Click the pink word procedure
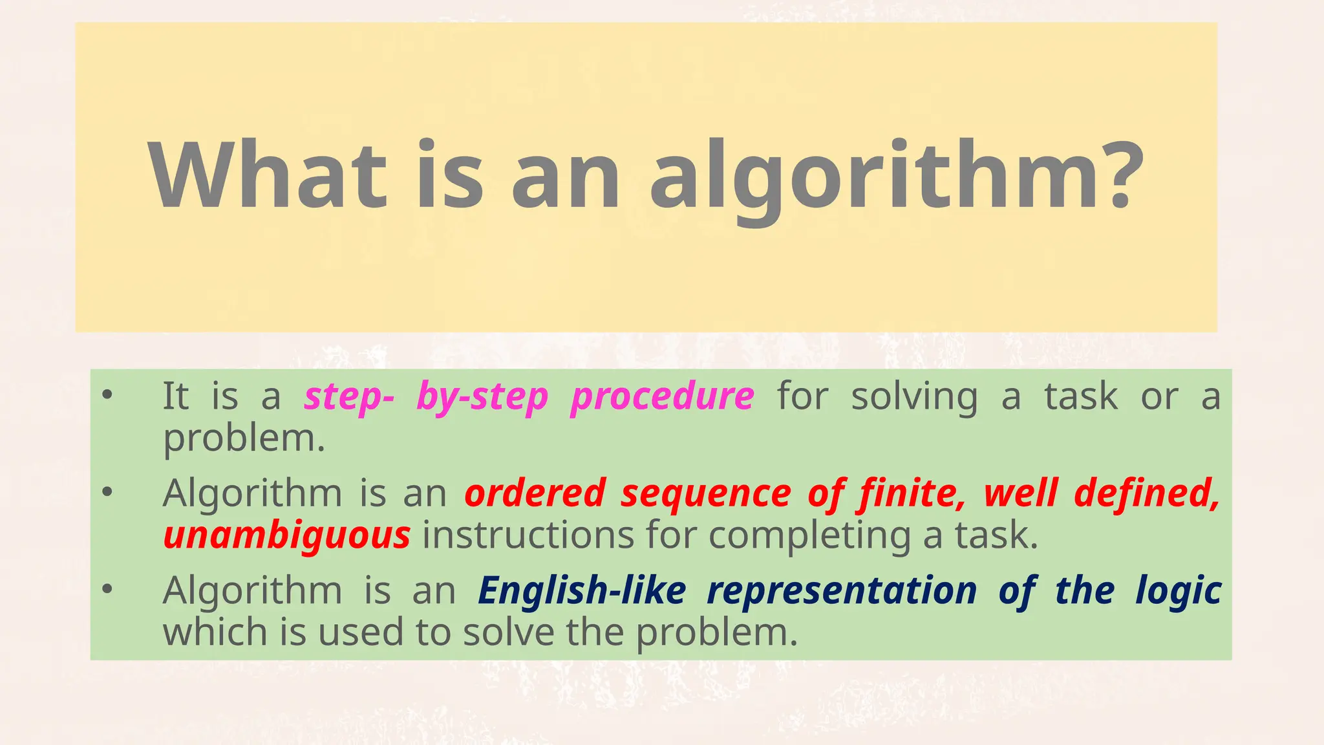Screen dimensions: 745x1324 [x=662, y=396]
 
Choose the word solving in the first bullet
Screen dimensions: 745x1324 [x=914, y=396]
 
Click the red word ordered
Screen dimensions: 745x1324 [x=535, y=493]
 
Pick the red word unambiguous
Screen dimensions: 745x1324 [x=286, y=536]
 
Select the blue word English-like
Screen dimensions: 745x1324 [x=582, y=591]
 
